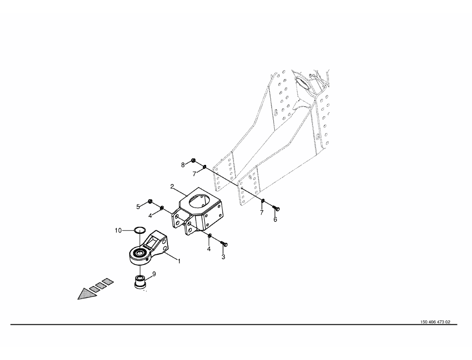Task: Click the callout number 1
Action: [x=179, y=261]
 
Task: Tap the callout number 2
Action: [x=172, y=187]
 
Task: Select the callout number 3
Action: [x=223, y=257]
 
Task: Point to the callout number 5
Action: [x=138, y=207]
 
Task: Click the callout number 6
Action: [x=275, y=219]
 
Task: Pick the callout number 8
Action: [x=183, y=165]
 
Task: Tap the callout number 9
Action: [x=154, y=274]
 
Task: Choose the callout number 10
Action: [x=118, y=230]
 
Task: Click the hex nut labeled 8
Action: [x=194, y=160]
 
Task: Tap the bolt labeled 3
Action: [x=224, y=244]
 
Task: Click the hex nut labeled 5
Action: [x=150, y=201]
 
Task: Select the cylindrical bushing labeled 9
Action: [x=140, y=282]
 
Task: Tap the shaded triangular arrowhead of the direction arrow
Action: [x=86, y=294]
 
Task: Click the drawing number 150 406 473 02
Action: [x=435, y=322]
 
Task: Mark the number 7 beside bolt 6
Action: [x=261, y=213]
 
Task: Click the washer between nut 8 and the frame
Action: [x=204, y=166]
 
